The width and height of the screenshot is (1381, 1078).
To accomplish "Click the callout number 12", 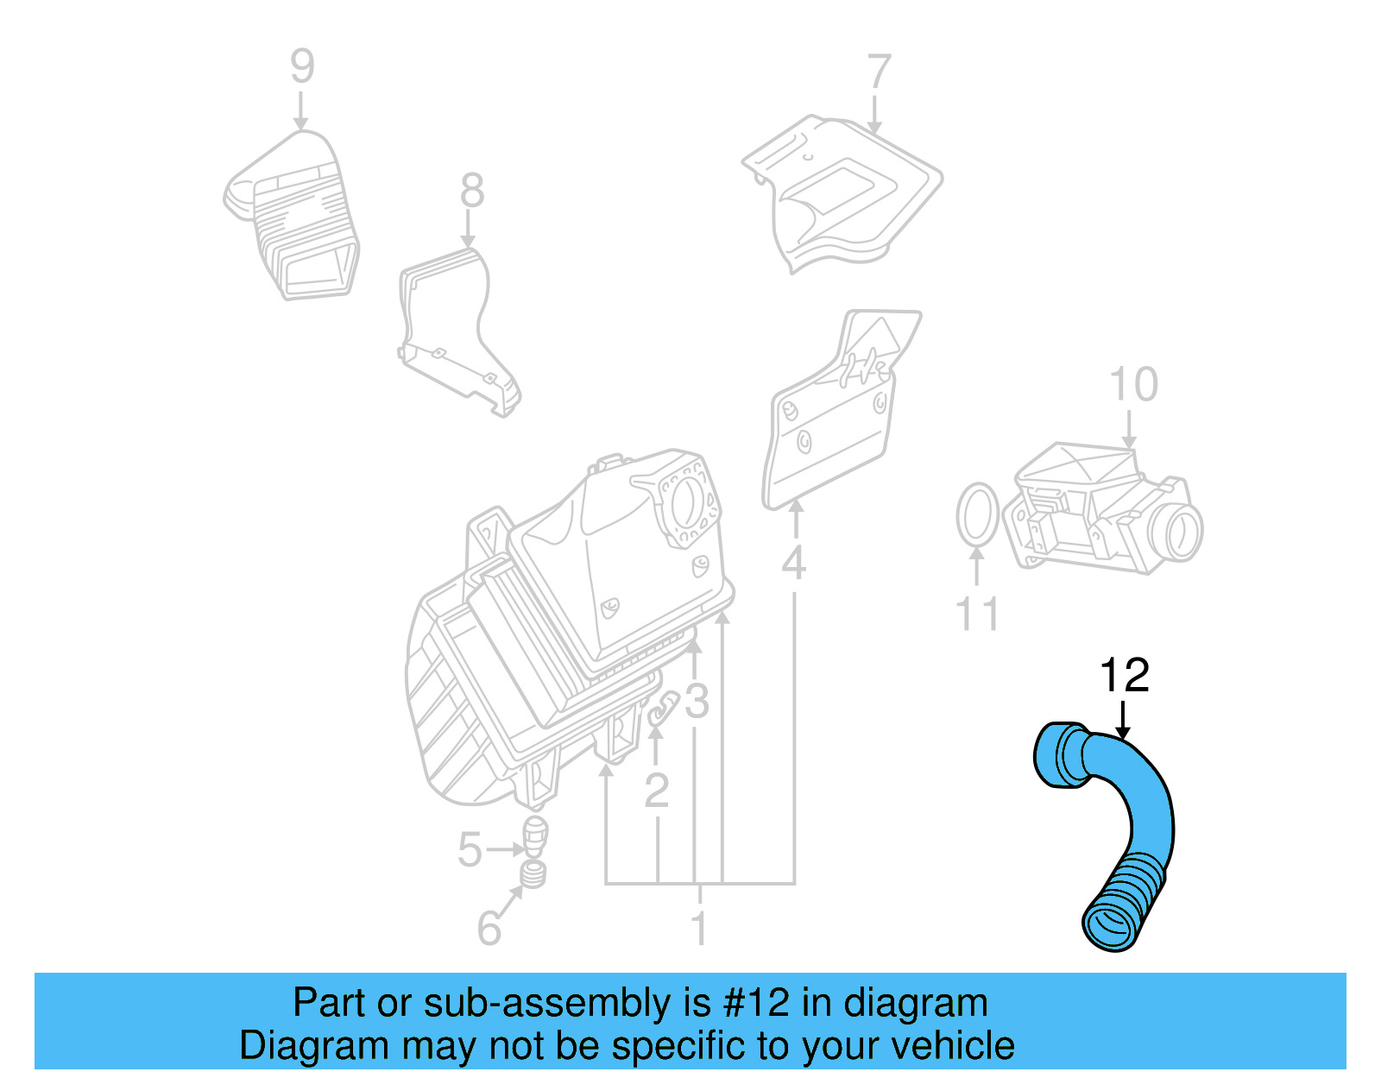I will click(1124, 676).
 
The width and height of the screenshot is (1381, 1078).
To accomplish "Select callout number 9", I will click(302, 66).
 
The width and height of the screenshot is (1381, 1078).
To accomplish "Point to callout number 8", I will click(471, 191).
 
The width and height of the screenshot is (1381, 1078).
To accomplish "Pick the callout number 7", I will click(878, 72).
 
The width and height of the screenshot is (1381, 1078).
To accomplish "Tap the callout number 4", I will click(793, 564).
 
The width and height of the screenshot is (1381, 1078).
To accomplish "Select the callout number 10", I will click(1132, 385).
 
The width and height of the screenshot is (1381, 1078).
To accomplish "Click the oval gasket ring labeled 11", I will click(978, 515).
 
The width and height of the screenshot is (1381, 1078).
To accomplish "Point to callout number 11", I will click(977, 615).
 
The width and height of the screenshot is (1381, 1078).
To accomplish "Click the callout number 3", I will click(697, 702).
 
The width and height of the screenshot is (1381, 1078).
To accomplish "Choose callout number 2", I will click(657, 790).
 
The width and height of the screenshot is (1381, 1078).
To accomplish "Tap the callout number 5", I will click(470, 849).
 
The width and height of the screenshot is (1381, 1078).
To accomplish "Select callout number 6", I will click(489, 929).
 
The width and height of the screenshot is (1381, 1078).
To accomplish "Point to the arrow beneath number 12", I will click(1122, 720).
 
